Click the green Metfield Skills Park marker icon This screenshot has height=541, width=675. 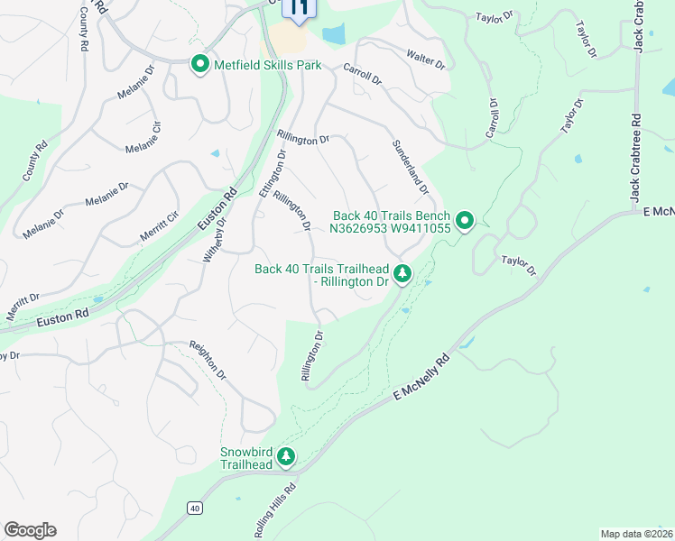coord(199,65)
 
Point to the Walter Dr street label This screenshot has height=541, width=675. coord(426,60)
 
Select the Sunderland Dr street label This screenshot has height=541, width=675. coord(409,165)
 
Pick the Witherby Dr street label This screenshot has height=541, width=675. coord(213,239)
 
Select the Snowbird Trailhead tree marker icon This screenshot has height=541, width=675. coord(286,458)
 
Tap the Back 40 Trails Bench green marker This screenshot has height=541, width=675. coord(465,221)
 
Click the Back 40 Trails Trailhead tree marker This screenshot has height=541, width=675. coord(402,272)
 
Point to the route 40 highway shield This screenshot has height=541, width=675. coord(195,509)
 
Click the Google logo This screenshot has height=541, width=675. coord(30,530)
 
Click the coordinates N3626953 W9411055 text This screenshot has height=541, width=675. coord(390,229)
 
